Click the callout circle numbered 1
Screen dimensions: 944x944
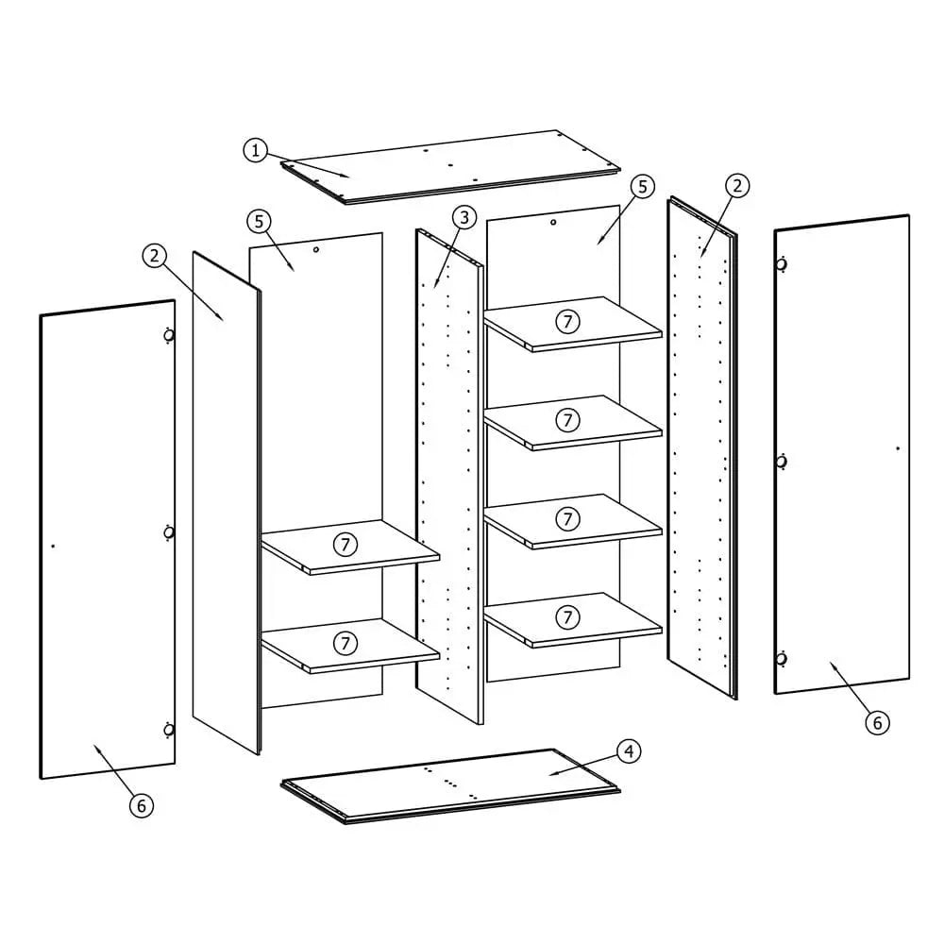point(255,150)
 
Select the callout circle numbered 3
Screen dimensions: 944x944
point(463,218)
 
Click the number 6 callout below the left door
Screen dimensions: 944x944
point(141,805)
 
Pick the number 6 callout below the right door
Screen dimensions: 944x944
point(877,722)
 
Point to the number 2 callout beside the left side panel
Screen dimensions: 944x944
point(155,255)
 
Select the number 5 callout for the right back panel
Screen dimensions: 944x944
point(642,187)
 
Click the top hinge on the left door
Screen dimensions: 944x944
point(168,335)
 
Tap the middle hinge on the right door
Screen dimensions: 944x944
point(782,462)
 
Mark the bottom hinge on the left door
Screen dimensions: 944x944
point(168,729)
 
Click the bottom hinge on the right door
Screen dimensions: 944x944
point(782,658)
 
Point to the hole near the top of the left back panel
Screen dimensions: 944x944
point(316,250)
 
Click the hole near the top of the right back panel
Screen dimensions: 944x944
point(553,223)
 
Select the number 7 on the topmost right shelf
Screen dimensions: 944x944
point(567,321)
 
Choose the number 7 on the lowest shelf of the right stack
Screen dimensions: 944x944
point(567,617)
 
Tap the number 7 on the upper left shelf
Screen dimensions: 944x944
point(346,544)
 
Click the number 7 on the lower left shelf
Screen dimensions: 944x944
point(346,643)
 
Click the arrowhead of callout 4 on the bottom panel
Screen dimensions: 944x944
point(552,774)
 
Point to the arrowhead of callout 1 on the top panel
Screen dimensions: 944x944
point(348,176)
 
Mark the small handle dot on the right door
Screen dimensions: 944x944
point(897,448)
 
